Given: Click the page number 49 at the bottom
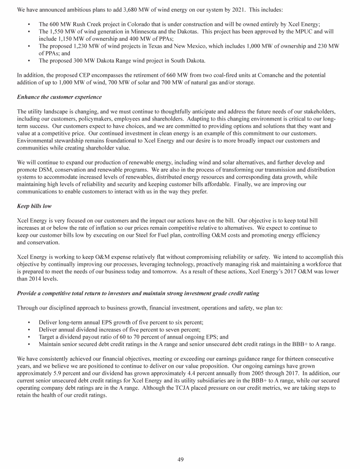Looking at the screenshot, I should tap(180, 459).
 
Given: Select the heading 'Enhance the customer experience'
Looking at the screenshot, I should tap(59, 97).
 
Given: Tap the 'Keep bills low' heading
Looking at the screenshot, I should tap(34, 205).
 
